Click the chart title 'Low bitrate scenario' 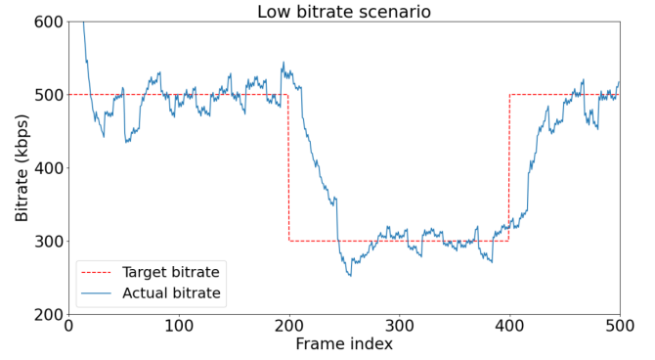pyautogui.click(x=343, y=12)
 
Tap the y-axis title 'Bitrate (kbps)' pyautogui.click(x=22, y=168)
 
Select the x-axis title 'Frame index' pyautogui.click(x=344, y=344)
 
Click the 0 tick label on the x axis pyautogui.click(x=68, y=326)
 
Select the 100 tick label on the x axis pyautogui.click(x=179, y=326)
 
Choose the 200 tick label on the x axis pyautogui.click(x=289, y=326)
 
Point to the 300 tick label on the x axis pyautogui.click(x=399, y=326)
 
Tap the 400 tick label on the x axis pyautogui.click(x=509, y=326)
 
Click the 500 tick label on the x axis pyautogui.click(x=619, y=326)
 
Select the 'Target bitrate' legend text pyautogui.click(x=171, y=271)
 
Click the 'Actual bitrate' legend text pyautogui.click(x=171, y=292)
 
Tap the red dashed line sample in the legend pyautogui.click(x=98, y=271)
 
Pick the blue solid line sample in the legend pyautogui.click(x=98, y=292)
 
